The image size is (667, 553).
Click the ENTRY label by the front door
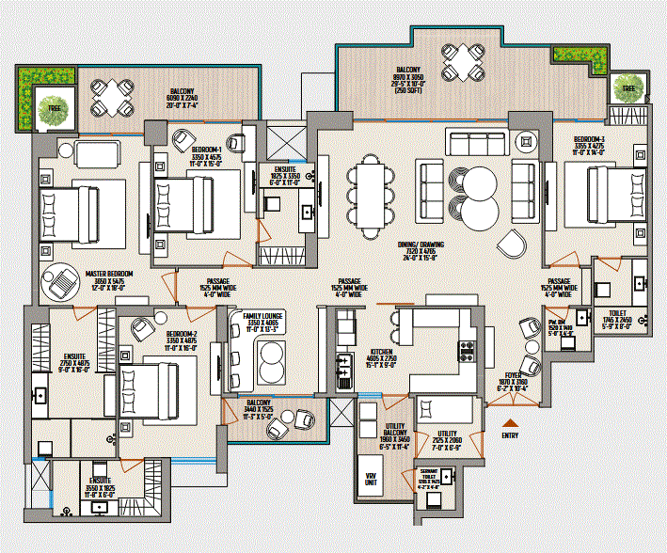(x=511, y=435)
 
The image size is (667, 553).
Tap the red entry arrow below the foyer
(x=511, y=422)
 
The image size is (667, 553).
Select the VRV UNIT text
(x=371, y=478)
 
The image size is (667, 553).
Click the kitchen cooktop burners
(x=465, y=352)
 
